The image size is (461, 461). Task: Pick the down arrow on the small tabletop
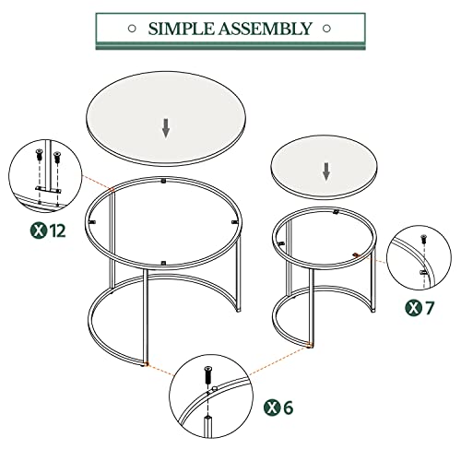325,171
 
